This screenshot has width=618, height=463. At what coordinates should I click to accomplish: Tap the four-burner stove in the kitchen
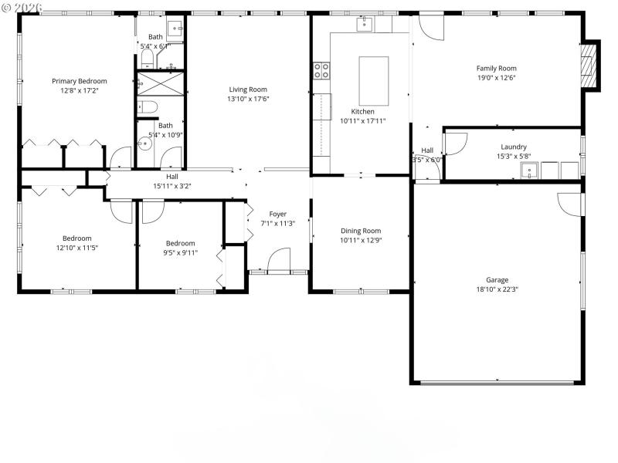pyautogui.click(x=321, y=71)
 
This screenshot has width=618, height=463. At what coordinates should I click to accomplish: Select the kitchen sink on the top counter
pyautogui.click(x=364, y=24)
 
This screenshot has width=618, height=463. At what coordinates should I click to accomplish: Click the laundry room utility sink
pyautogui.click(x=530, y=170)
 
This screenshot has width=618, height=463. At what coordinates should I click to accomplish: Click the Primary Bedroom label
pyautogui.click(x=80, y=81)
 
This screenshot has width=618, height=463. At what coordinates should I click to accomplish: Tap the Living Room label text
pyautogui.click(x=248, y=90)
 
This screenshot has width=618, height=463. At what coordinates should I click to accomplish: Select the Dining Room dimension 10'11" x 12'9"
pyautogui.click(x=361, y=240)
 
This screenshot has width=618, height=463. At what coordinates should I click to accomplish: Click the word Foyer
pyautogui.click(x=277, y=214)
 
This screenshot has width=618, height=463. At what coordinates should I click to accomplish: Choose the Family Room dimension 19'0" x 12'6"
pyautogui.click(x=496, y=77)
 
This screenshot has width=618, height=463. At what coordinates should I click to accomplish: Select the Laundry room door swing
pyautogui.click(x=456, y=144)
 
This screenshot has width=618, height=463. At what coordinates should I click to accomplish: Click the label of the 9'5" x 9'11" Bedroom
pyautogui.click(x=180, y=243)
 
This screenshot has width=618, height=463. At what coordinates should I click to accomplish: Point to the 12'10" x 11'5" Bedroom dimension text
pyautogui.click(x=76, y=248)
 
